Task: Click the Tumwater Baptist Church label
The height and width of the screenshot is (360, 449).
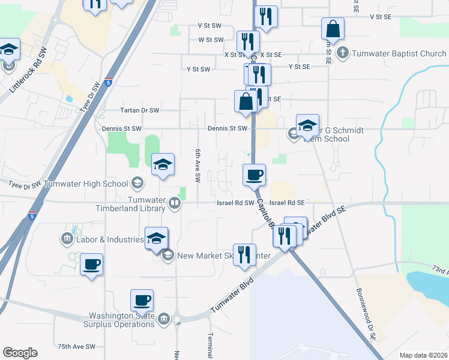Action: tap(399, 53)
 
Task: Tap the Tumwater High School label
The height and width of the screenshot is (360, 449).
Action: tap(85, 184)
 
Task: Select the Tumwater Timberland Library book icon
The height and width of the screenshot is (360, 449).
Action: tap(174, 203)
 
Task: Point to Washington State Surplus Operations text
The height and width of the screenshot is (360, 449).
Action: tap(122, 320)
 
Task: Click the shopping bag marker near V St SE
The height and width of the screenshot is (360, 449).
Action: tap(332, 29)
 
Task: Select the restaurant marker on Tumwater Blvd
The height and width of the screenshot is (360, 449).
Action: tap(244, 254)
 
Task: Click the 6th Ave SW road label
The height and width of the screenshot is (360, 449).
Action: tap(196, 165)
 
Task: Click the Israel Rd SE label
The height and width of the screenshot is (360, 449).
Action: tap(287, 203)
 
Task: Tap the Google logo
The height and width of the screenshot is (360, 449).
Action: tap(19, 352)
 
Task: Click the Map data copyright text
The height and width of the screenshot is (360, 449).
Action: tap(423, 355)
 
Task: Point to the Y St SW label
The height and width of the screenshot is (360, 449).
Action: tap(198, 69)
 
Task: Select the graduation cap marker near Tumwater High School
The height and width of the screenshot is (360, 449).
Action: tap(163, 165)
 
